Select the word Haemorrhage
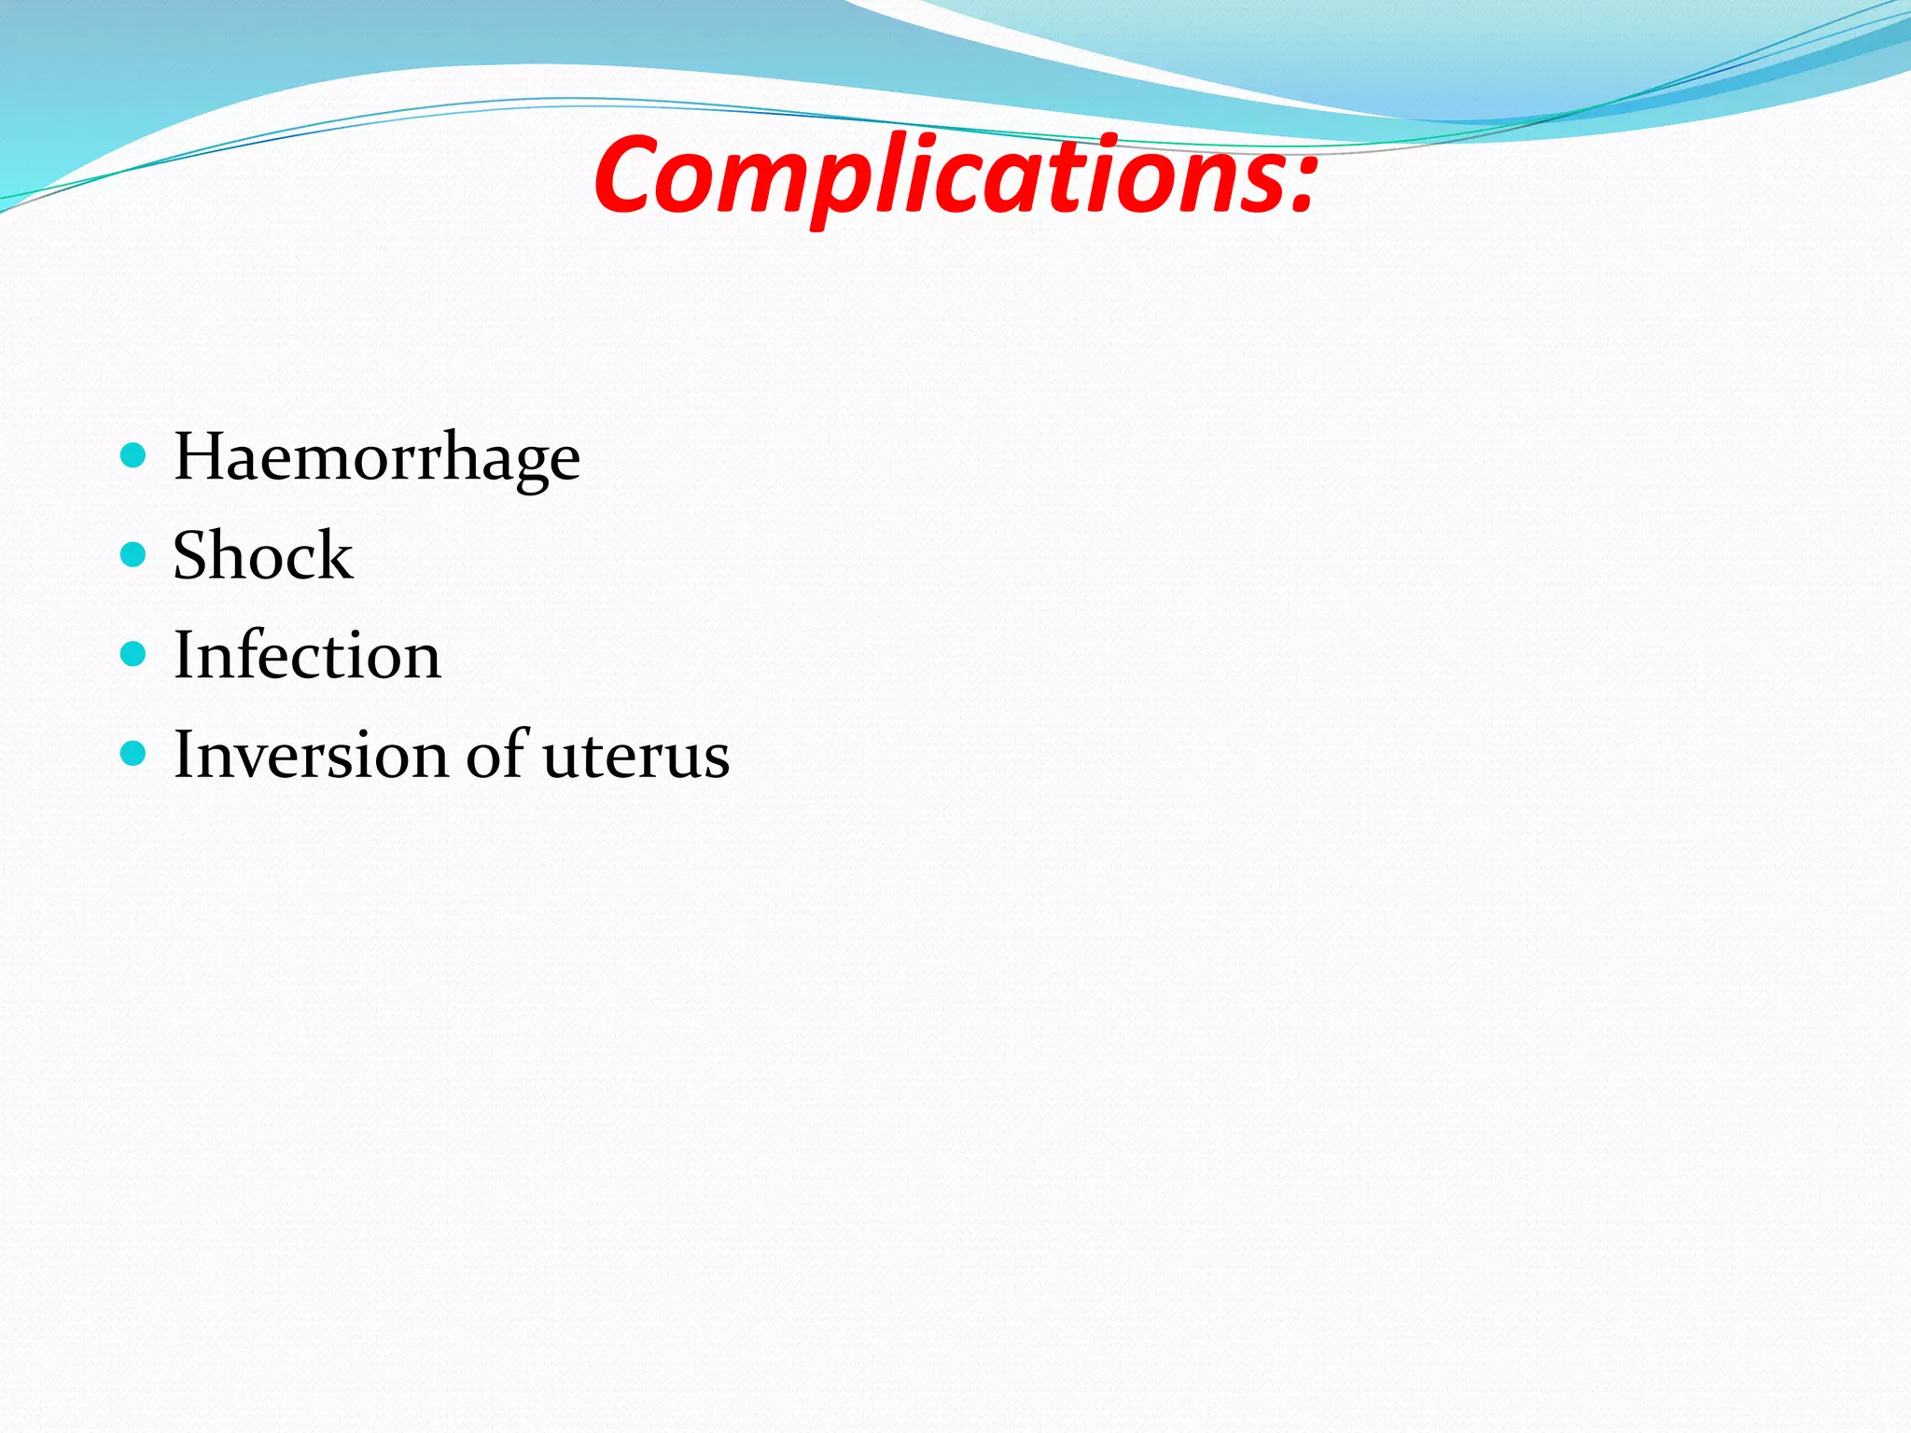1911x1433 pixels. tap(377, 458)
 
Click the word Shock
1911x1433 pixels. tap(263, 556)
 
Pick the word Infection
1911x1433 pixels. tap(307, 655)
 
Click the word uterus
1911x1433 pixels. tap(635, 757)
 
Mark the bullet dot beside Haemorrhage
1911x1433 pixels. tap(134, 455)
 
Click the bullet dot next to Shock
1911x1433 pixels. tap(134, 555)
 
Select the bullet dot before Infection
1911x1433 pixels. tap(134, 654)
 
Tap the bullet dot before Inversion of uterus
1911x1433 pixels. tap(134, 753)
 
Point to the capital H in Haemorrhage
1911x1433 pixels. tap(200, 457)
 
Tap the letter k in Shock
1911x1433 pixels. tap(334, 556)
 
